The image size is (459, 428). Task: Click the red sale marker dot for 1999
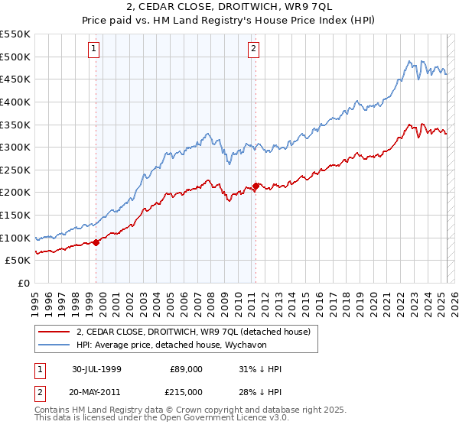(x=96, y=242)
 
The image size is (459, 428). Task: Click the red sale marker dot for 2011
(x=256, y=185)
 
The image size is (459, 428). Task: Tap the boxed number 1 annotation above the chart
(x=93, y=50)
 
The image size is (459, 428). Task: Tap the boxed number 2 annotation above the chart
(x=253, y=50)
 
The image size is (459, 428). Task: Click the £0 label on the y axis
(x=22, y=283)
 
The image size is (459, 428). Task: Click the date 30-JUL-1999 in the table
(x=97, y=369)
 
